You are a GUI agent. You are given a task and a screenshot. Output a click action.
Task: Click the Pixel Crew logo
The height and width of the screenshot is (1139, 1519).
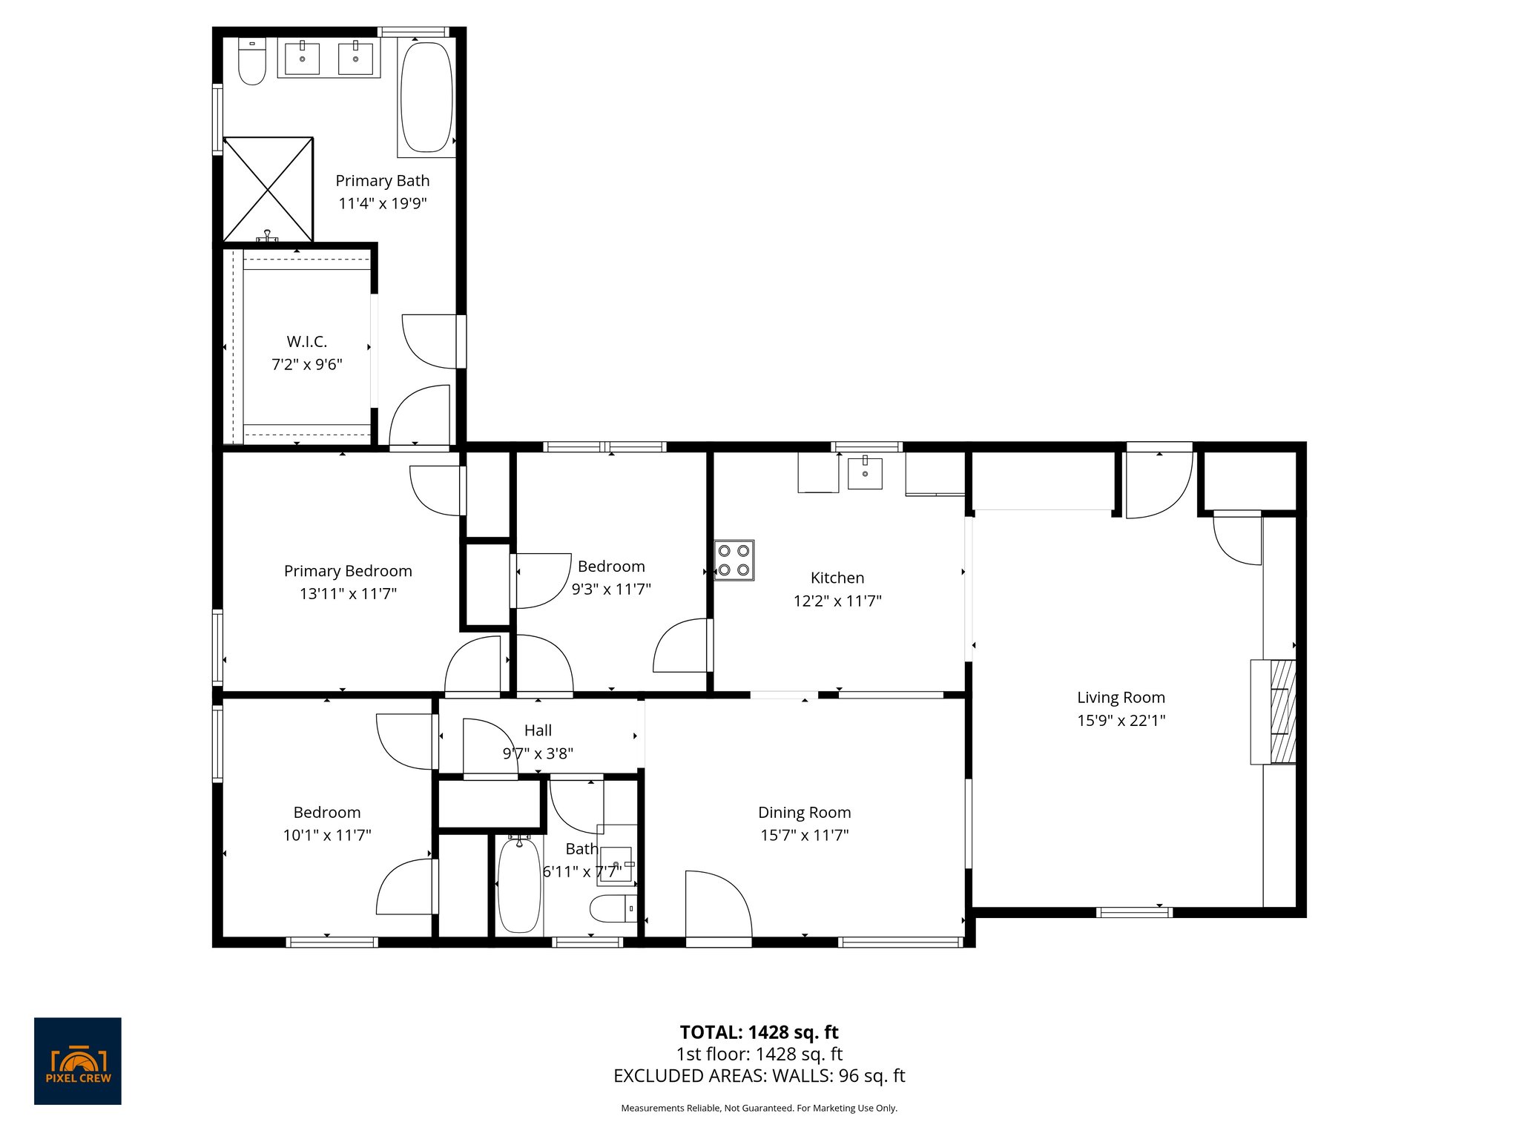77,1060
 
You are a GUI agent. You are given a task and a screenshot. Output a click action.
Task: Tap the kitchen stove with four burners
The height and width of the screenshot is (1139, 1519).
734,561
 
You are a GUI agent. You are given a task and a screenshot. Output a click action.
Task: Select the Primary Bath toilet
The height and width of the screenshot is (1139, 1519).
252,63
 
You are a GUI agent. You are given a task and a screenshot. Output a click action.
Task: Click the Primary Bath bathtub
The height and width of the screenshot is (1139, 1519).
426,98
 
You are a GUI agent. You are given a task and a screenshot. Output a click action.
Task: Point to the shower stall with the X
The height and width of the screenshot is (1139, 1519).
268,190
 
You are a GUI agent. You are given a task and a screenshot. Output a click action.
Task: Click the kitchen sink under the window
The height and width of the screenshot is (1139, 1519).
865,473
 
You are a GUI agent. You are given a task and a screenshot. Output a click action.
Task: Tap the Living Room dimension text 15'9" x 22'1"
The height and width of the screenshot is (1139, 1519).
1121,720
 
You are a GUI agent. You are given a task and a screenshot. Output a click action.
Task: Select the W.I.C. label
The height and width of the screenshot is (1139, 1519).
307,342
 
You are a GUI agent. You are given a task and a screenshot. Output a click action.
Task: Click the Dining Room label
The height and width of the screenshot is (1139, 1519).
804,813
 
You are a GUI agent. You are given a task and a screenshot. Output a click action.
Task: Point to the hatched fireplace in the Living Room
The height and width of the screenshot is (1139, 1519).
1282,712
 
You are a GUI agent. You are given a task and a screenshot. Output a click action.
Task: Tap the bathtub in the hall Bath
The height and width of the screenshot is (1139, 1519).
518,885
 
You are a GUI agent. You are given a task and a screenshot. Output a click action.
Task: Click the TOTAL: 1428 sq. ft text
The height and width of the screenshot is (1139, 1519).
759,1032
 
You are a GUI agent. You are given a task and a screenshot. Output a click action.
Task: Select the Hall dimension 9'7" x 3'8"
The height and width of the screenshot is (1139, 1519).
538,753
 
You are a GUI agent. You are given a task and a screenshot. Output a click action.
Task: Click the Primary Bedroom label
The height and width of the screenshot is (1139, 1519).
348,571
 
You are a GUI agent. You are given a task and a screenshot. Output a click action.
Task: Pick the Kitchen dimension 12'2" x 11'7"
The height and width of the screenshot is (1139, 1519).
837,601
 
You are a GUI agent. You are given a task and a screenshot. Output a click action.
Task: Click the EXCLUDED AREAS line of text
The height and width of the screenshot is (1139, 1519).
759,1076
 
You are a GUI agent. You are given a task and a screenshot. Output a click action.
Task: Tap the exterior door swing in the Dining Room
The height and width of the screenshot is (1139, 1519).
717,906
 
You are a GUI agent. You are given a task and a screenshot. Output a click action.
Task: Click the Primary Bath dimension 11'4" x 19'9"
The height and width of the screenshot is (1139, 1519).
383,203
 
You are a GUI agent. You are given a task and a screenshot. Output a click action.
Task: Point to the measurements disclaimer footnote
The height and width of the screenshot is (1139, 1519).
759,1109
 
